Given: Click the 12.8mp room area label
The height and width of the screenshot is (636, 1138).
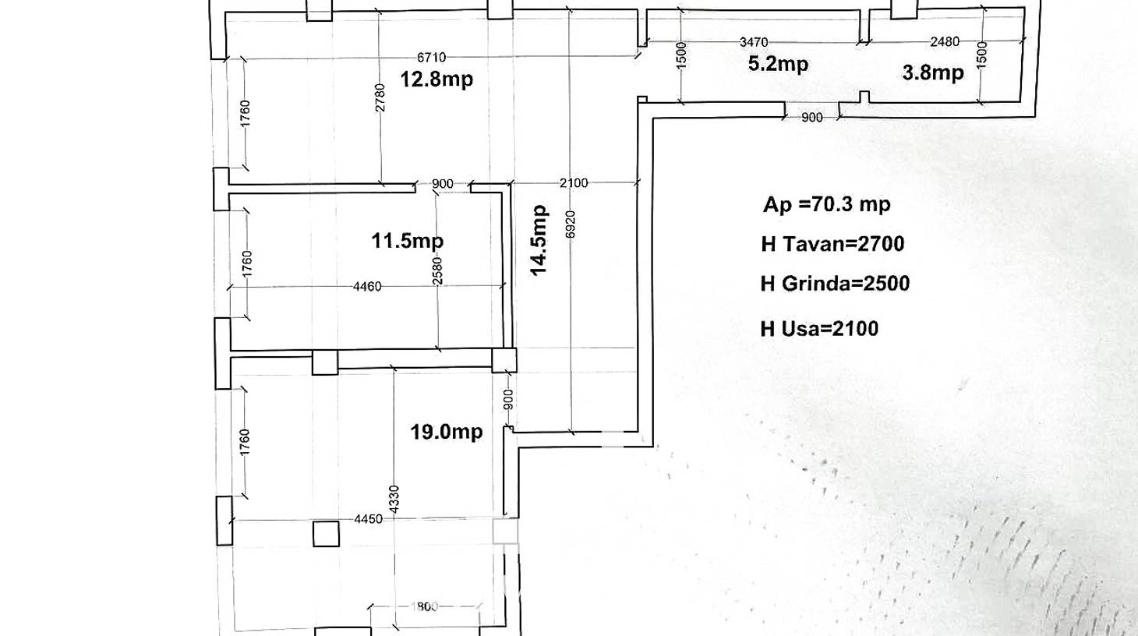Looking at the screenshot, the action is [x=436, y=79].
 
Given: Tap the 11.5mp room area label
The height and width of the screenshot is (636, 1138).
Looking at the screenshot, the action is [x=408, y=240].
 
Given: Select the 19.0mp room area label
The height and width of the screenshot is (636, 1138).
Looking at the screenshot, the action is [x=446, y=432].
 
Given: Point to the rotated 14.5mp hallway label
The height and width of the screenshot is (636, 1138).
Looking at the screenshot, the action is [x=539, y=240].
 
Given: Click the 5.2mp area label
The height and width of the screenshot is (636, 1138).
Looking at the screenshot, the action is [x=779, y=64].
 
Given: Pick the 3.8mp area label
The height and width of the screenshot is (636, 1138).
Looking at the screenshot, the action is [x=933, y=72].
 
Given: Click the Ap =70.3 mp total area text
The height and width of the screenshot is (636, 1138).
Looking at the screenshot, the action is [x=826, y=204].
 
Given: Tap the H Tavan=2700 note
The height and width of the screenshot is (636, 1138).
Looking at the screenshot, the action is [x=832, y=244].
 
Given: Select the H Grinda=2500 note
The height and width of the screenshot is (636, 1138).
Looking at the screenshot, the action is [x=835, y=284].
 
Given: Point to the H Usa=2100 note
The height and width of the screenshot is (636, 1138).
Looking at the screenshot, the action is [x=819, y=328].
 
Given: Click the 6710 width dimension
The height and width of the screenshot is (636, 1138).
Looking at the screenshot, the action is [x=431, y=58].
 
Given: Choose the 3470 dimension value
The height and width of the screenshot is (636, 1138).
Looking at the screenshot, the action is [x=754, y=42].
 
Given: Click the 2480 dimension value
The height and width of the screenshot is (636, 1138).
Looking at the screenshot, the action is [x=945, y=41].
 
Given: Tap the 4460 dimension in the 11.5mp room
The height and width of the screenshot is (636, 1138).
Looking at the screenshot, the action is [x=367, y=287].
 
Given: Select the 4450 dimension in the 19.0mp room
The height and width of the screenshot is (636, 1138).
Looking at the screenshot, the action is [x=369, y=519].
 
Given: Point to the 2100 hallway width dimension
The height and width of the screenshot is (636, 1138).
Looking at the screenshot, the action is [x=574, y=183].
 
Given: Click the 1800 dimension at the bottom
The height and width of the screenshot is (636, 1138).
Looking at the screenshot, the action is [x=424, y=606].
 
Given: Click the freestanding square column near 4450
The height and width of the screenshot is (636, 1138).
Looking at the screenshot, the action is [x=326, y=533].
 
